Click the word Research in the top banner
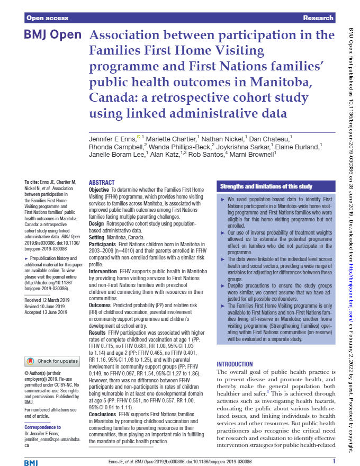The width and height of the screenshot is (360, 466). pyautogui.click(x=318, y=18)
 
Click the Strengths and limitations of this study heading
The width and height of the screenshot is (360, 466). pyautogui.click(x=266, y=186)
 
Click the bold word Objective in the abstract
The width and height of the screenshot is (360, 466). pyautogui.click(x=99, y=189)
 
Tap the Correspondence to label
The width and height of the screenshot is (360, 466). pyautogui.click(x=43, y=427)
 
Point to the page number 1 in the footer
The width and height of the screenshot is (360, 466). pyautogui.click(x=334, y=461)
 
